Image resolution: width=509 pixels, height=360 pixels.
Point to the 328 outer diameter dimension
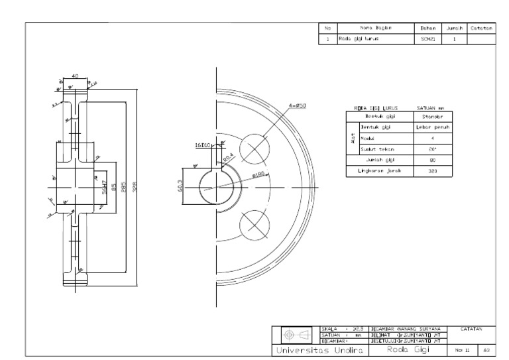[x=137, y=186]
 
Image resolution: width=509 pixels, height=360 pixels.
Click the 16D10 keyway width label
[x=201, y=145]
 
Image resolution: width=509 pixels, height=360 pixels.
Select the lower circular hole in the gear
[x=254, y=222]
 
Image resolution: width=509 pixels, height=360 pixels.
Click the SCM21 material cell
[x=426, y=39]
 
